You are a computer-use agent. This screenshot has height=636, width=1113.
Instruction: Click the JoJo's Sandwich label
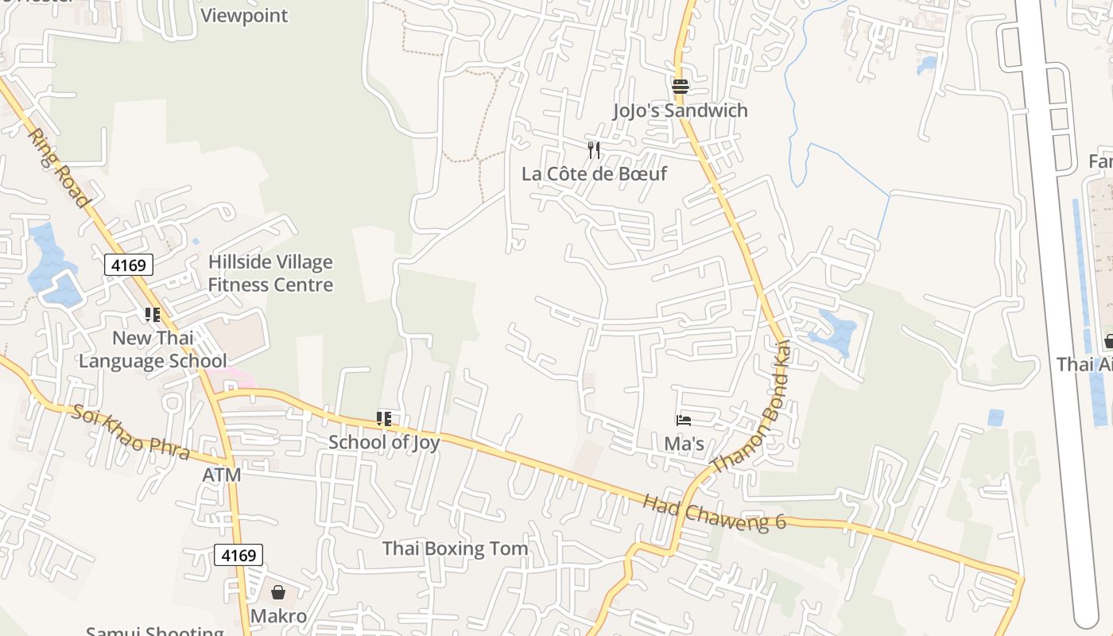click(680, 111)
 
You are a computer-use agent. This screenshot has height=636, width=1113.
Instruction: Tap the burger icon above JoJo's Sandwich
click(680, 86)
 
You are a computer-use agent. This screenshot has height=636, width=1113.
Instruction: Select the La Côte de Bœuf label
click(594, 173)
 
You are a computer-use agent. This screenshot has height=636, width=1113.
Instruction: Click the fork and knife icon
click(593, 150)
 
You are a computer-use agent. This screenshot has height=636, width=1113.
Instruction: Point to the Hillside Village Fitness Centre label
click(270, 273)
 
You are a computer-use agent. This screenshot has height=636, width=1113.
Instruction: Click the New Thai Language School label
click(153, 349)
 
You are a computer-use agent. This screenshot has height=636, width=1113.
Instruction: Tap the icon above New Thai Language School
click(153, 315)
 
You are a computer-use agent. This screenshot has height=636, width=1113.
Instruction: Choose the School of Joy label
click(384, 442)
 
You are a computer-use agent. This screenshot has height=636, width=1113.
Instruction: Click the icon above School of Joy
click(384, 418)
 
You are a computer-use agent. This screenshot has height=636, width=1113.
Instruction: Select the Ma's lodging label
click(684, 443)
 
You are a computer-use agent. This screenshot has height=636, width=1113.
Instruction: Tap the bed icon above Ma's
click(684, 420)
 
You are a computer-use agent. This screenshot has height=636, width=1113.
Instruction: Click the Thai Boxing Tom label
click(455, 549)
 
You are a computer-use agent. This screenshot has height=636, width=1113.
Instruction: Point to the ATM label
click(221, 475)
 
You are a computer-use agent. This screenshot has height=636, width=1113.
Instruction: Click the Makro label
click(278, 616)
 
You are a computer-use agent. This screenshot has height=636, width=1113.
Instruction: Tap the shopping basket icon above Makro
click(278, 592)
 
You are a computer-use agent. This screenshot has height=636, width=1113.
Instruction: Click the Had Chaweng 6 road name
click(714, 511)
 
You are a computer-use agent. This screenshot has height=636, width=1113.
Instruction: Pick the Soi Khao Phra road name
click(130, 432)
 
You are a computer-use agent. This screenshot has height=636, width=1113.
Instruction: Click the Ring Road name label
click(58, 168)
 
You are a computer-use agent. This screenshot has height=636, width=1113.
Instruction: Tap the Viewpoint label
click(244, 16)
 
